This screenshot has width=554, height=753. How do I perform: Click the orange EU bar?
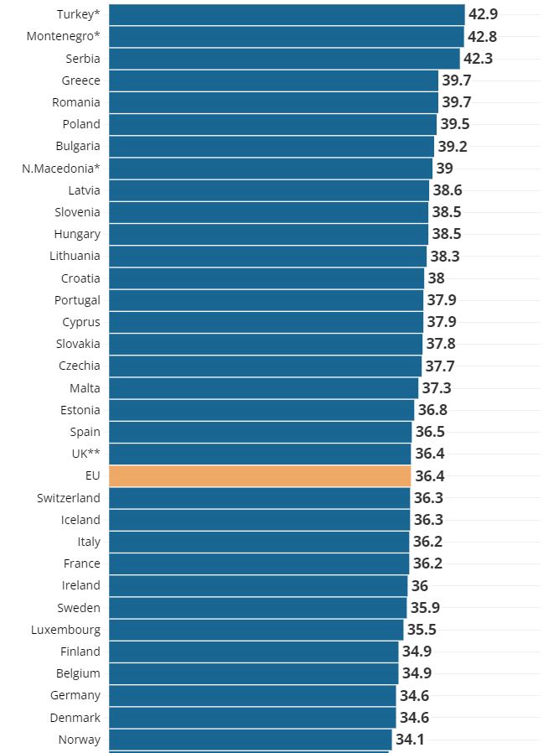[260, 475]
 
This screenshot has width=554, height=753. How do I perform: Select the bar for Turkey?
[287, 14]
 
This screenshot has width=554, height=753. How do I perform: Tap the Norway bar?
[250, 740]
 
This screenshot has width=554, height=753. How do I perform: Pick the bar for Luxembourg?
[256, 630]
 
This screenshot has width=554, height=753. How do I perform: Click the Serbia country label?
[83, 59]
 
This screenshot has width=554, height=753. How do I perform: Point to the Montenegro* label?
[63, 36]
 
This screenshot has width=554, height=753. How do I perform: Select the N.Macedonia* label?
[61, 169]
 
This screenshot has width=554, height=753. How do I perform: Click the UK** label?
[85, 454]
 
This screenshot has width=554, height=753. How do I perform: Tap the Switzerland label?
[68, 498]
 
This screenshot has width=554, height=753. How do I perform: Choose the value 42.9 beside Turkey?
[483, 14]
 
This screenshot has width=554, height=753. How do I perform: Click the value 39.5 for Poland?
[455, 124]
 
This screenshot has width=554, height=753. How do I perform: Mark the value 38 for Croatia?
[437, 278]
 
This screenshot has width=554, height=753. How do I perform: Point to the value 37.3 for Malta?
[436, 388]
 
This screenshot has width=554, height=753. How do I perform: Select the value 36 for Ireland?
[420, 586]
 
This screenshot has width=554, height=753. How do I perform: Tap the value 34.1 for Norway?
[410, 740]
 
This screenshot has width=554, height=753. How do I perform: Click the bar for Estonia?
[261, 410]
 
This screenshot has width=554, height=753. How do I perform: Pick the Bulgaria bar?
[272, 146]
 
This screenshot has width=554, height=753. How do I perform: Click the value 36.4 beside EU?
[429, 476]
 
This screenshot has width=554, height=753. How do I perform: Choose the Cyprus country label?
[80, 322]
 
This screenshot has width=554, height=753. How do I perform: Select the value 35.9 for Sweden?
[425, 608]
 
